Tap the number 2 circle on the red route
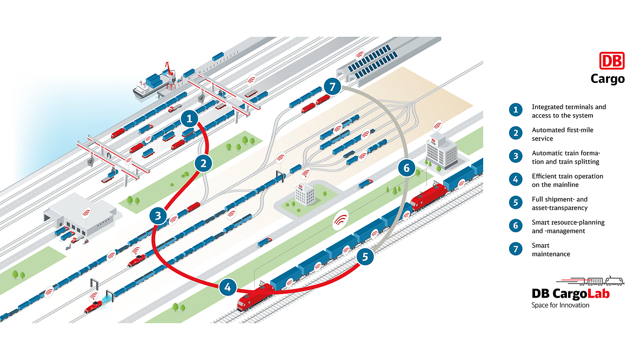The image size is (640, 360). click(203, 162)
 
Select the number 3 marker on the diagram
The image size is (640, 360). click(157, 216)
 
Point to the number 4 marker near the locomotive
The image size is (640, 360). click(228, 288)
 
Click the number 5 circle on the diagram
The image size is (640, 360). click(365, 257)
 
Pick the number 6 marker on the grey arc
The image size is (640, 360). click(407, 168)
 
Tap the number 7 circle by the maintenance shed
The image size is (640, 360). click(333, 86)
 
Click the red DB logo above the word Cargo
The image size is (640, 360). click(611, 61)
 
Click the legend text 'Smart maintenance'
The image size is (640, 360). click(551, 250)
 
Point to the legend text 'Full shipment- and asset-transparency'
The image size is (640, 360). click(559, 203)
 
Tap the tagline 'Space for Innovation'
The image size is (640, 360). click(560, 305)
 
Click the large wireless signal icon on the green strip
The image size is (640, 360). click(340, 219)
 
